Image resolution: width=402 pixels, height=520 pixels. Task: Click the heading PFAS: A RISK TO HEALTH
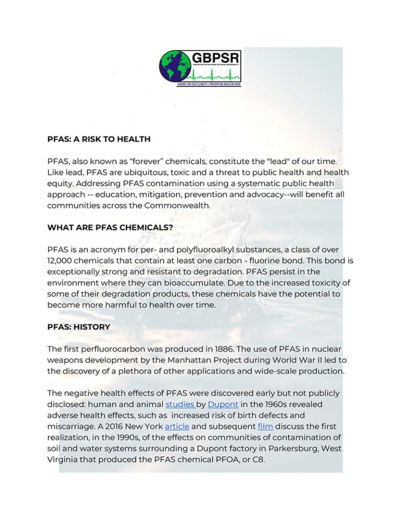[99, 139]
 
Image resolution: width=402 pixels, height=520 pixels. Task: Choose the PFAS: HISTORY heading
[79, 327]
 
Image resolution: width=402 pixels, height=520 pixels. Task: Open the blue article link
[176, 426]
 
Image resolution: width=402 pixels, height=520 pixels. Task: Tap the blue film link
[265, 426]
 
